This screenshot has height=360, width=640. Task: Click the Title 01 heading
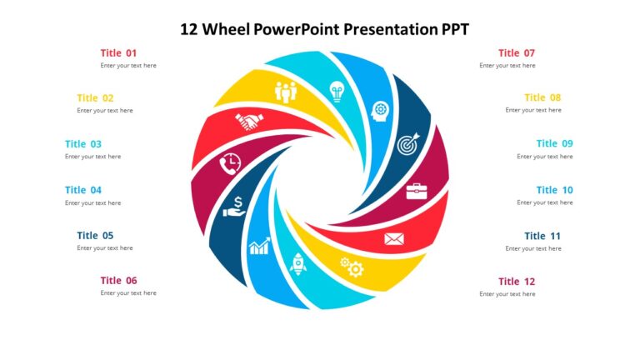[x=118, y=52]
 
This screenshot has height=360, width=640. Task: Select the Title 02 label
[x=95, y=97]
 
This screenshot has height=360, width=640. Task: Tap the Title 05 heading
[x=95, y=235]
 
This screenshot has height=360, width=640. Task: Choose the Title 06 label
[x=118, y=281]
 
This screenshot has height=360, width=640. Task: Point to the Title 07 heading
[x=517, y=52]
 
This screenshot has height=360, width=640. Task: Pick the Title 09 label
[x=554, y=143]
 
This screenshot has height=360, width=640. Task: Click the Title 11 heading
[x=542, y=236]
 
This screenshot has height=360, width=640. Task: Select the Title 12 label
[x=517, y=281]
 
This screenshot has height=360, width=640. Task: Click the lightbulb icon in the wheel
[x=337, y=88]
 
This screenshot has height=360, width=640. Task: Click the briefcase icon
[x=417, y=192]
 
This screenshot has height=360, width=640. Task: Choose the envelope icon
[x=394, y=240]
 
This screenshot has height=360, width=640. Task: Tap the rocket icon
[x=297, y=264]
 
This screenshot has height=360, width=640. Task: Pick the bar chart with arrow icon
[x=259, y=246]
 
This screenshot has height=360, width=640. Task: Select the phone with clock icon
[x=229, y=164]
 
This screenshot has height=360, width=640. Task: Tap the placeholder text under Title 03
[x=92, y=157]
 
